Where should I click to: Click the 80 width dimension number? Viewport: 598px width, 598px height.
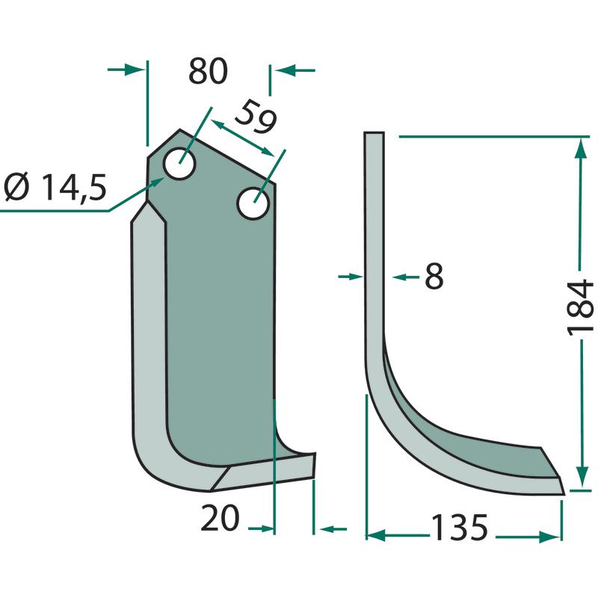[x=209, y=71]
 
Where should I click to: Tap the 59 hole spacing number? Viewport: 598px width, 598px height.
[x=255, y=117]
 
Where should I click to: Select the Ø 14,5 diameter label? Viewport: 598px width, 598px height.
[x=55, y=188]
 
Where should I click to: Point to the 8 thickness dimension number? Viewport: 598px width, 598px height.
[x=434, y=276]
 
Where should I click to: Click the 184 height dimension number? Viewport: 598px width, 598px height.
[x=581, y=308]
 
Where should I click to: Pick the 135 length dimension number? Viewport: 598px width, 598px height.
[x=459, y=528]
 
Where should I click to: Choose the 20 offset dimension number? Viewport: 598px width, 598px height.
[x=220, y=518]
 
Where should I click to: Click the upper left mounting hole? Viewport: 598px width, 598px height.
[x=179, y=164]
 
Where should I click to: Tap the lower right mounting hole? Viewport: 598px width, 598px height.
[x=253, y=203]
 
